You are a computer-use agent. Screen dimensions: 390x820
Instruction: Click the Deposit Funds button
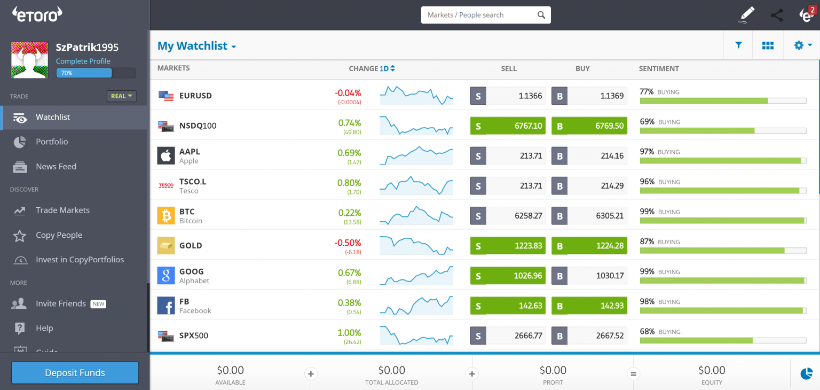pos(75,373)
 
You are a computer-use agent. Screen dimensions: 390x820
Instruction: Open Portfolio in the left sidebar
pos(52,142)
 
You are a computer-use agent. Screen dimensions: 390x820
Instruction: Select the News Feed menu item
pos(56,166)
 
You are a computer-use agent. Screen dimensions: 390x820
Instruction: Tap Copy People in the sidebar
pos(59,235)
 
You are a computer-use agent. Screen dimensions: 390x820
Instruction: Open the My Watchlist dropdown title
pos(196,46)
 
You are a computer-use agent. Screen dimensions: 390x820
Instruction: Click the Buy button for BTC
pos(589,216)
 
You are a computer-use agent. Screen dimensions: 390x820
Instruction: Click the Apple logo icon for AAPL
pos(166,156)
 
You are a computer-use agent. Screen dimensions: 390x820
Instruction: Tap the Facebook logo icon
pos(166,306)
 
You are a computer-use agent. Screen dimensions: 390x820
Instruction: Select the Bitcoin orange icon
pos(166,216)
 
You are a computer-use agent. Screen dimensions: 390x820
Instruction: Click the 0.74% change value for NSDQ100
pos(350,123)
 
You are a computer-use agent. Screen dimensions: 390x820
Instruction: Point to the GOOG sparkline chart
pos(416,276)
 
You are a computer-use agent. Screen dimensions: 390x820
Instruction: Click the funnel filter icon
pos(738,45)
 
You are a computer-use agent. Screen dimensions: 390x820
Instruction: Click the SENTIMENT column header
pos(659,68)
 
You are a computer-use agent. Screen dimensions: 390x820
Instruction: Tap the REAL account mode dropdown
pos(122,96)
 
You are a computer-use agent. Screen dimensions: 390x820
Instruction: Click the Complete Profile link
pos(83,61)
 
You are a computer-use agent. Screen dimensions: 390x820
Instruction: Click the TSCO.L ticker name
pos(193,182)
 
